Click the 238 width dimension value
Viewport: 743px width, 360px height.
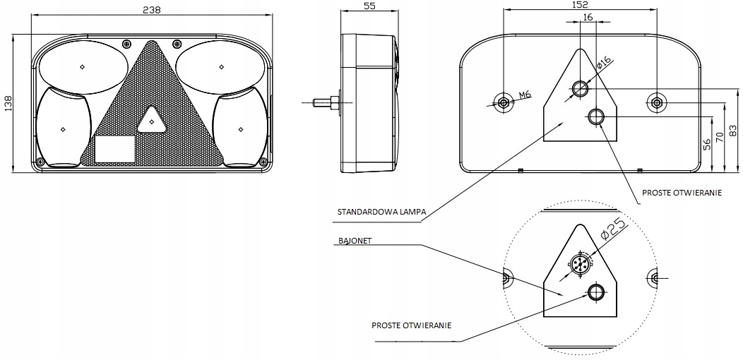(150, 10)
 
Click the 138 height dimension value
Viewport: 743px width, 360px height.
(8, 104)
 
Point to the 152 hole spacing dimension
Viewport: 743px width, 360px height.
(579, 4)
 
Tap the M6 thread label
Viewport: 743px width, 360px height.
(525, 95)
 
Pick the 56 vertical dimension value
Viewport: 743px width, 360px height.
(706, 145)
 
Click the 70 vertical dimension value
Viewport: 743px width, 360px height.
(720, 136)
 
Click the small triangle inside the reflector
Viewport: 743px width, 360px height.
(150, 121)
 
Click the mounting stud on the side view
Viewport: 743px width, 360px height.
(323, 103)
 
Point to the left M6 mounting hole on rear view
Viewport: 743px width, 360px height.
(503, 103)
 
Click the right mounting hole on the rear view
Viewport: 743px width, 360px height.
(657, 103)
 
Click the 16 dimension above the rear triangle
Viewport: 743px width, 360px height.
(588, 19)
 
